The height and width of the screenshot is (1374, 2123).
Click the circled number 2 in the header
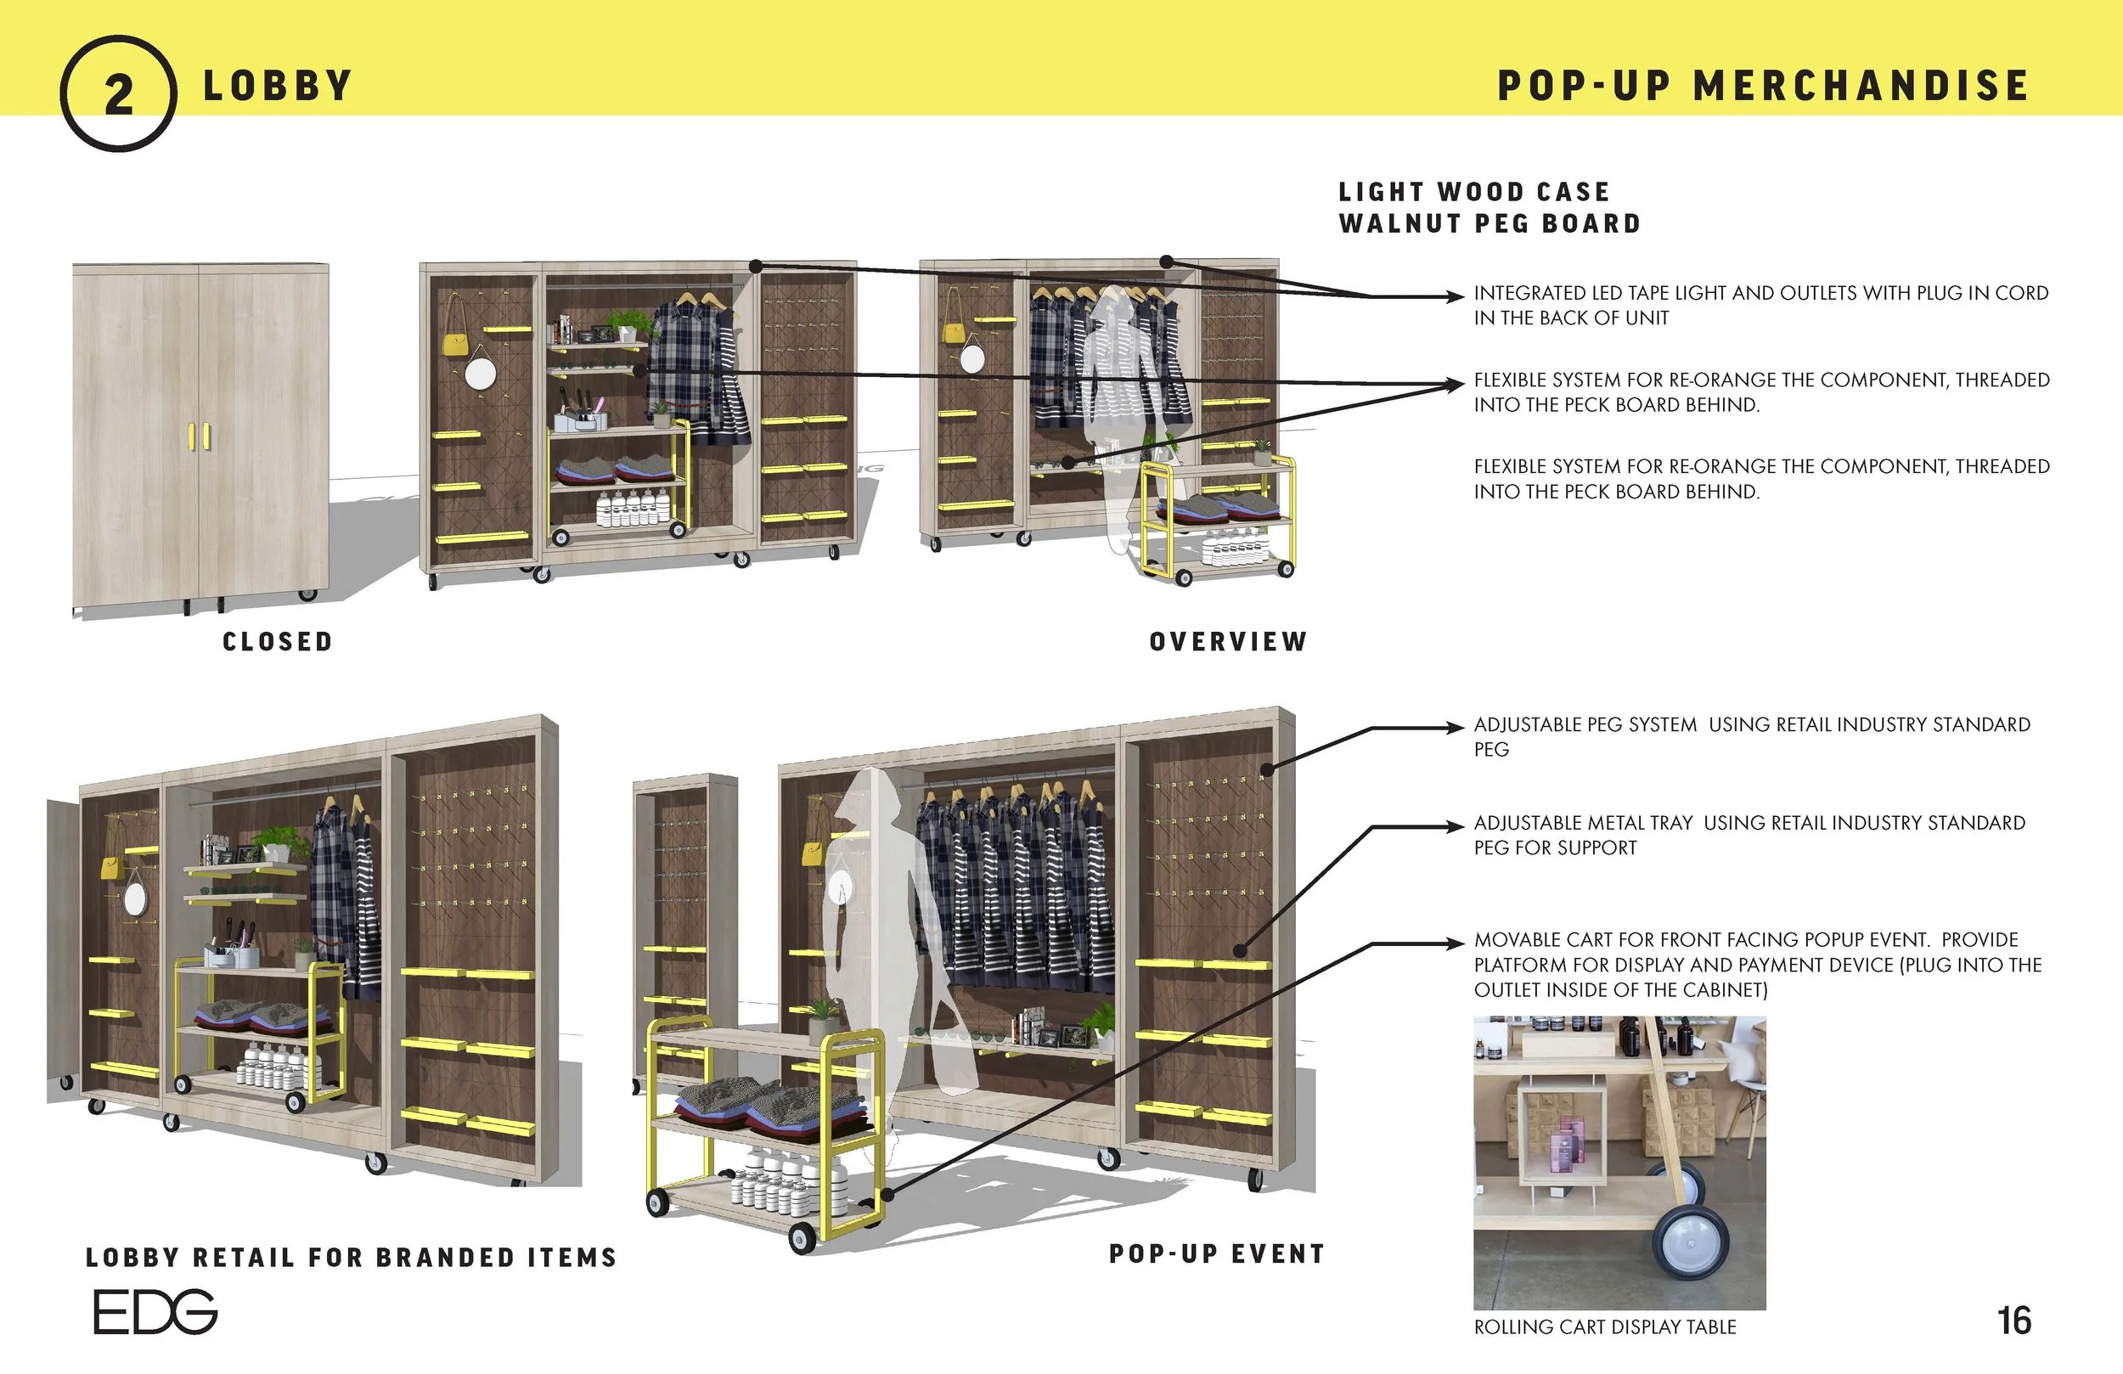point(118,93)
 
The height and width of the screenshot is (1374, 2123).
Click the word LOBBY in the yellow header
point(278,87)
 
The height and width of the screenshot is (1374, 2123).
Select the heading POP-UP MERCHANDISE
point(1763,87)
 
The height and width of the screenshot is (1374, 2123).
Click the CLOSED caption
point(278,641)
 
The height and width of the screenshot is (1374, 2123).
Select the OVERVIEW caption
point(1227,641)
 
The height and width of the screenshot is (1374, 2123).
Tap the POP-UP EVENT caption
point(1217,1253)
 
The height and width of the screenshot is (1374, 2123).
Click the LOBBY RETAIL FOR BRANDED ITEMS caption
point(352,1257)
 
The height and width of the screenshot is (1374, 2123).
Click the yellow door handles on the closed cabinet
point(200,436)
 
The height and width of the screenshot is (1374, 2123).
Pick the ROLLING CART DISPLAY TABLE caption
point(1605,1326)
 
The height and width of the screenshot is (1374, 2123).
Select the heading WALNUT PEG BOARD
point(1489,224)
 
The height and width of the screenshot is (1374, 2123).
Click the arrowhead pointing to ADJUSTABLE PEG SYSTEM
point(1456,728)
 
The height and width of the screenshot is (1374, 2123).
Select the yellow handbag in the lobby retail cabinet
point(110,867)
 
